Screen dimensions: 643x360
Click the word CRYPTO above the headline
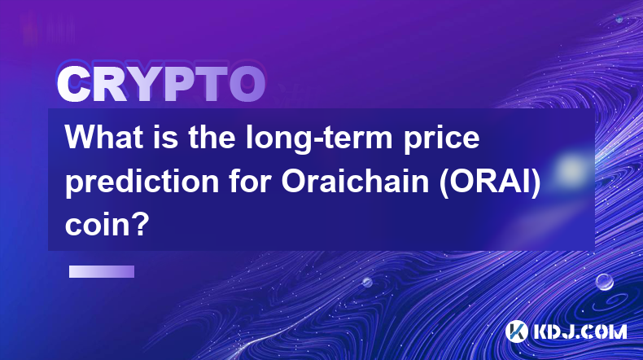pos(161,84)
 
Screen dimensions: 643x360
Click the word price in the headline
pos(441,139)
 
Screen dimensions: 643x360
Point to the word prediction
pos(142,182)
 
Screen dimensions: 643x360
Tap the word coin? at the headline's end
pos(107,225)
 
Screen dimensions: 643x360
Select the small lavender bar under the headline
pos(102,272)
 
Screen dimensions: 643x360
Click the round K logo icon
pos(517,331)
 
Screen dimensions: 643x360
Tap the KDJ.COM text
pos(580,331)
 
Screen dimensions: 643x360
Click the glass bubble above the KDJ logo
pos(605,282)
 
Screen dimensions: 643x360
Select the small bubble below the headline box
pos(367,282)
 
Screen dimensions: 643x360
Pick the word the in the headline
pos(212,137)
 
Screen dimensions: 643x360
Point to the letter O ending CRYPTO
pos(247,84)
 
